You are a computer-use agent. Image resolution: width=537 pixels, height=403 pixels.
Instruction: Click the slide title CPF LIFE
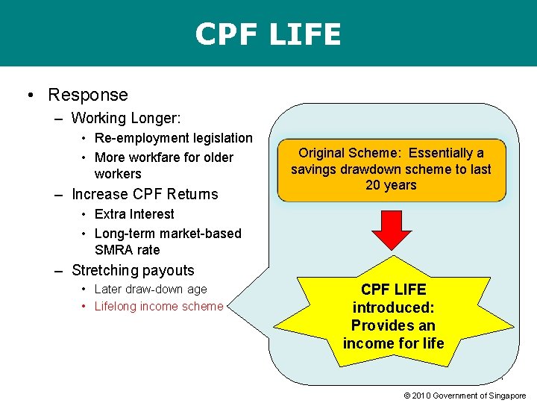[x=268, y=34]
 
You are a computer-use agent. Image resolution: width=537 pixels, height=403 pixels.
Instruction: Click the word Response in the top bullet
[x=88, y=95]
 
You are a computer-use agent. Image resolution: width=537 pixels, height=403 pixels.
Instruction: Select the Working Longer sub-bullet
[x=126, y=118]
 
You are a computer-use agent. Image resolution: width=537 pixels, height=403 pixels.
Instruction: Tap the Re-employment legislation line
[x=173, y=138]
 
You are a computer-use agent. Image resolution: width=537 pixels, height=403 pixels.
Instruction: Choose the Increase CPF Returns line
[x=145, y=194]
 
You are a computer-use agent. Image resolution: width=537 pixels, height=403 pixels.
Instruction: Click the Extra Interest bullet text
[x=134, y=214]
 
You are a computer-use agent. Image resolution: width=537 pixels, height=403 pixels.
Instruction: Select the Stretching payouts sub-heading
[x=133, y=270]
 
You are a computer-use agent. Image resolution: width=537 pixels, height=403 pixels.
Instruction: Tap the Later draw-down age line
[x=151, y=289]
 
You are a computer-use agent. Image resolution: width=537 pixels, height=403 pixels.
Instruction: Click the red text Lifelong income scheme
[x=159, y=306]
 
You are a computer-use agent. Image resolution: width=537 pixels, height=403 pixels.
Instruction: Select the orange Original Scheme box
[x=391, y=170]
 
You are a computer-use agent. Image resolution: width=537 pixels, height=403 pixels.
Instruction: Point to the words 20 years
[x=391, y=185]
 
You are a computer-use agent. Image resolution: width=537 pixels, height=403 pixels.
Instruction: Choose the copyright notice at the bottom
[x=465, y=395]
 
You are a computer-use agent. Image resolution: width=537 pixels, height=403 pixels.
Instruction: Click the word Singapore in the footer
[x=507, y=395]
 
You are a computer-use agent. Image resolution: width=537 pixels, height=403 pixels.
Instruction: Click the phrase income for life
[x=393, y=343]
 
